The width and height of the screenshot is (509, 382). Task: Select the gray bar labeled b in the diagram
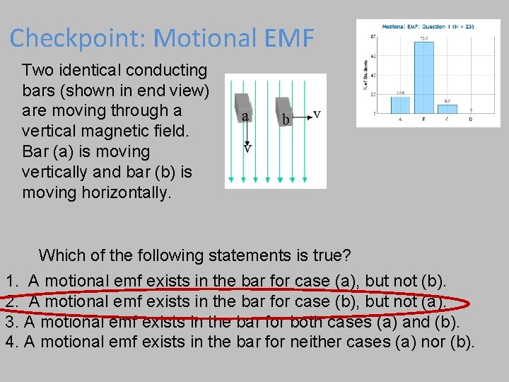(x=283, y=110)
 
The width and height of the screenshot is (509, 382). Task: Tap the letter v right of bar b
(x=317, y=115)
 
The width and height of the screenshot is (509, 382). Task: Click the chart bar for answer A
(x=400, y=105)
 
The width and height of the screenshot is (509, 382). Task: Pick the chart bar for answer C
(x=447, y=108)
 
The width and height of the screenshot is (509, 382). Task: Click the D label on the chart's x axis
(x=471, y=120)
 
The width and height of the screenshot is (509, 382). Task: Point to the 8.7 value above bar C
(x=447, y=101)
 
